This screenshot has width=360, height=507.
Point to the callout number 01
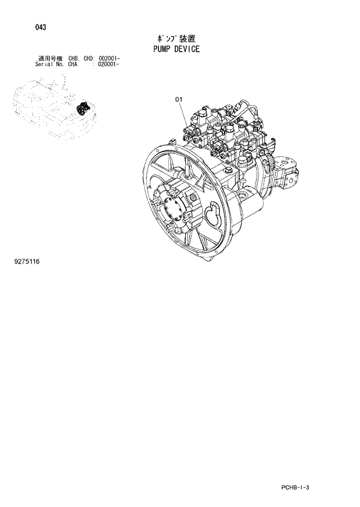[x=179, y=100]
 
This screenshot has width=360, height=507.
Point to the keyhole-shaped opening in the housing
[x=211, y=213]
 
